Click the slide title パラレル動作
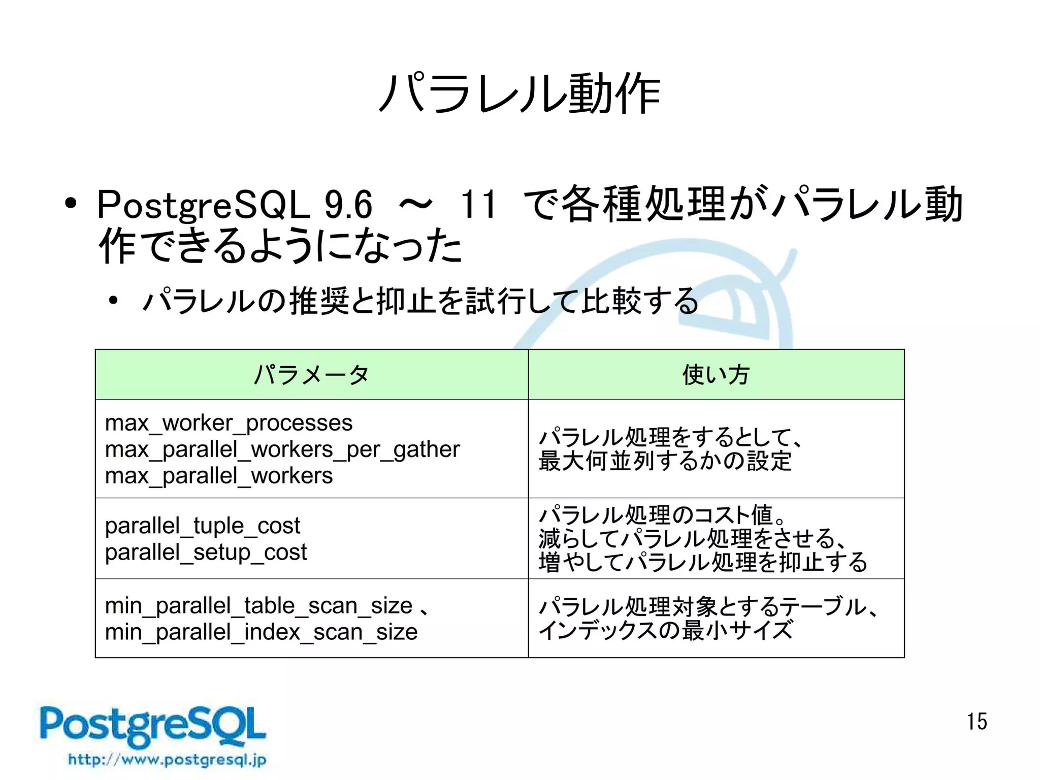click(x=519, y=94)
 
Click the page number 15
click(x=977, y=722)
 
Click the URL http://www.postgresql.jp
click(x=167, y=760)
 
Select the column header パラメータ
click(x=311, y=375)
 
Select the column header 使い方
click(x=716, y=375)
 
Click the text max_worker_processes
click(x=229, y=423)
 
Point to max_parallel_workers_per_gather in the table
click(x=282, y=449)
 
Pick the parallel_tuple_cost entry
click(x=203, y=526)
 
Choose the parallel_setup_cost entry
click(x=206, y=552)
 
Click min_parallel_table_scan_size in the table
click(x=258, y=606)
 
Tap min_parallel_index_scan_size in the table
click(x=261, y=632)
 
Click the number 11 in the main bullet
click(x=477, y=205)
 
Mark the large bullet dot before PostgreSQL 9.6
click(x=71, y=204)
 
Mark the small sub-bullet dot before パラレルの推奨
click(x=113, y=301)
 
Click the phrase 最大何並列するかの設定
click(x=665, y=461)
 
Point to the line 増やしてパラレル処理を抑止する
click(x=703, y=562)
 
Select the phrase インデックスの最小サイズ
click(x=665, y=630)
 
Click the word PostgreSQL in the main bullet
click(x=203, y=205)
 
